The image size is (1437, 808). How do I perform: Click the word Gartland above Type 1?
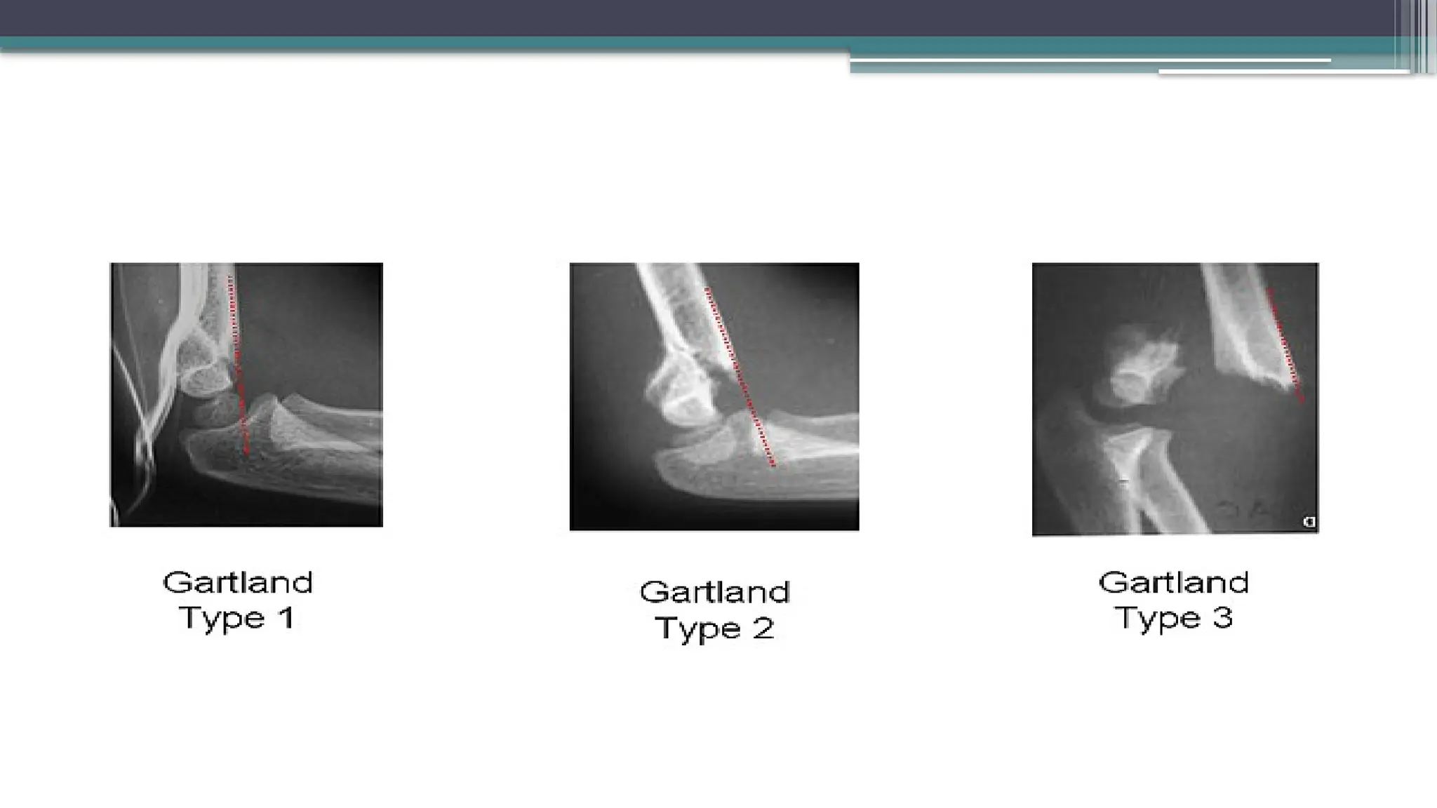[237, 583]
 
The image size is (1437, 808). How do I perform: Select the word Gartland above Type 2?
[714, 593]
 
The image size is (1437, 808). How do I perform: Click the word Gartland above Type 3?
[1173, 583]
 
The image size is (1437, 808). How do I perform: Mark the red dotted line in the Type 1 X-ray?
[239, 365]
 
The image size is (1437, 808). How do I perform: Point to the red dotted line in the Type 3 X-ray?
[1285, 344]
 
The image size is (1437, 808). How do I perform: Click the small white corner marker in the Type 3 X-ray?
[1309, 522]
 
